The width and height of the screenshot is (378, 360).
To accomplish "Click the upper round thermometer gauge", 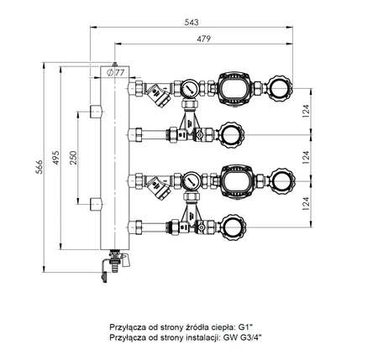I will coord(192,87).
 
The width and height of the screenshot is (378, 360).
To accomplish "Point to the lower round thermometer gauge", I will coord(192,179).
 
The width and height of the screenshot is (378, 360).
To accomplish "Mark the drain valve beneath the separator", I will coord(108,266).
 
